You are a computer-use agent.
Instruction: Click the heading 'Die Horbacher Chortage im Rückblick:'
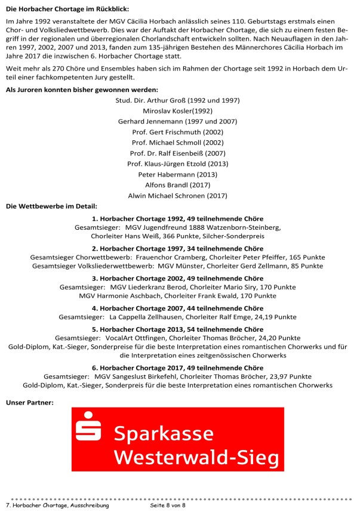pos(67,9)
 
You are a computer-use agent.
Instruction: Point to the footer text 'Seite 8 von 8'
pos(168,505)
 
